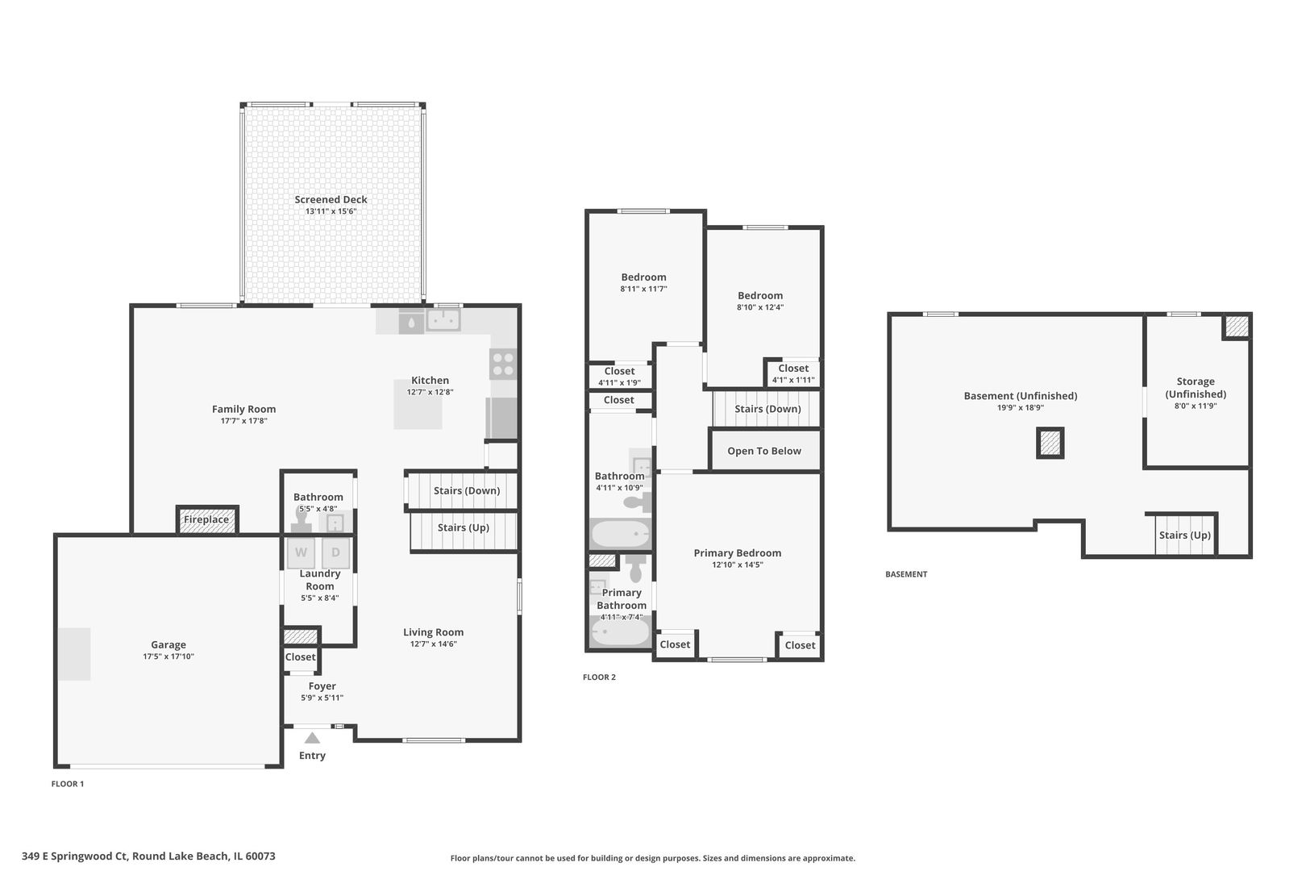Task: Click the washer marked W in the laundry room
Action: (301, 552)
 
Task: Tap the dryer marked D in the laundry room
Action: (335, 552)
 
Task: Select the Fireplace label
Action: (206, 519)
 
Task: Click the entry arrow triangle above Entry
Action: (312, 738)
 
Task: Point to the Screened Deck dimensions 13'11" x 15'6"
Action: (331, 211)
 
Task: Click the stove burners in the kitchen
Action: (502, 364)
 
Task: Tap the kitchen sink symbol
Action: (443, 320)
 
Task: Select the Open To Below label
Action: (764, 451)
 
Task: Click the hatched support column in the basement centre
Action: (1050, 443)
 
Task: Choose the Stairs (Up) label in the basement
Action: (1185, 535)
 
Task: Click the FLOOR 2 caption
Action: (599, 677)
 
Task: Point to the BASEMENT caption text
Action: (906, 574)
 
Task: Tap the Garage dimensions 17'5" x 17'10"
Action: (168, 656)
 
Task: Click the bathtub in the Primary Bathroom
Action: (620, 631)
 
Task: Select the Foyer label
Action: (322, 686)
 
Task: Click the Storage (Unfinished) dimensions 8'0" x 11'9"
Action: (1196, 406)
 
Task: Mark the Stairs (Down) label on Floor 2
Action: (767, 409)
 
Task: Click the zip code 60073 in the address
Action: (260, 856)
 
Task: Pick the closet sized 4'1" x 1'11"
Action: (793, 373)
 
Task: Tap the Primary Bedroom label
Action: (738, 553)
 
